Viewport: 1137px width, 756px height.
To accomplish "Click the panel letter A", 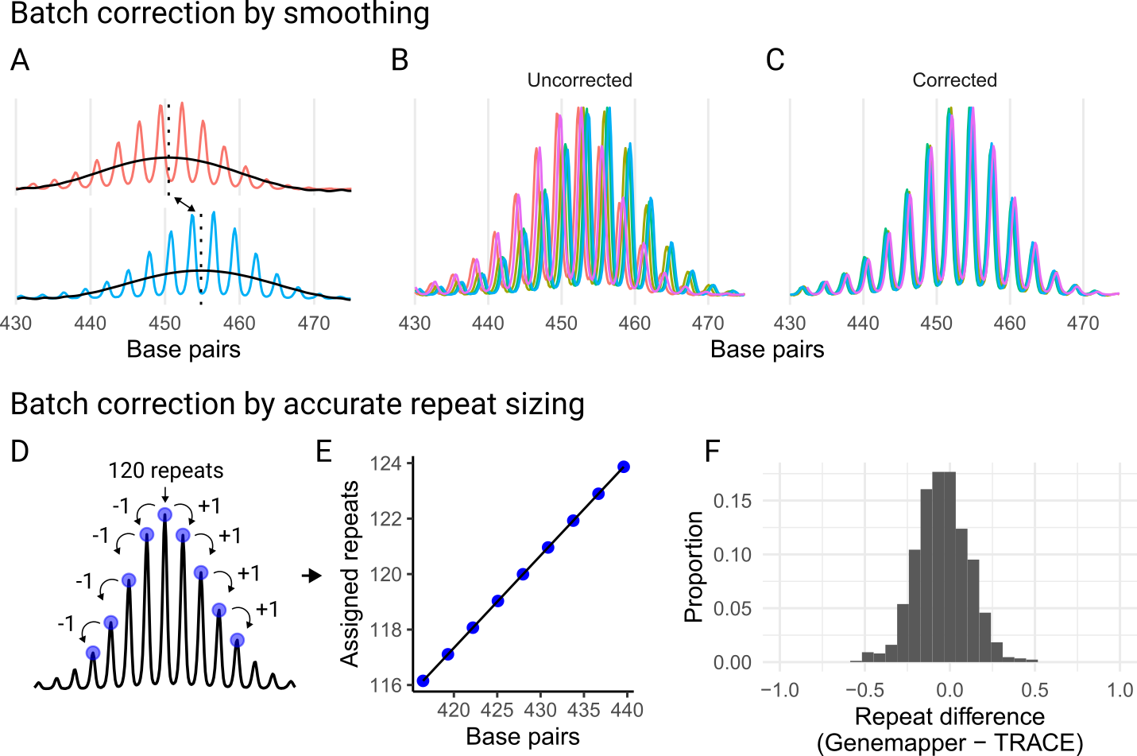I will pyautogui.click(x=20, y=61).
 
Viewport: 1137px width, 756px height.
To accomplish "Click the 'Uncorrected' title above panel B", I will pyautogui.click(x=579, y=80).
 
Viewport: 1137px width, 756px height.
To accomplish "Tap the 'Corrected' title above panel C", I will pyautogui.click(x=953, y=80).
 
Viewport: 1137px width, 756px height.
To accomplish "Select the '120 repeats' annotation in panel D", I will pyautogui.click(x=165, y=471).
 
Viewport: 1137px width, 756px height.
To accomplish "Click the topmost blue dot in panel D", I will pyautogui.click(x=164, y=515).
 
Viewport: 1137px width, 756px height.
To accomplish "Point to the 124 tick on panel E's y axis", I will pyautogui.click(x=391, y=463).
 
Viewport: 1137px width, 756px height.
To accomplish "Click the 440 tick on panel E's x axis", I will pyautogui.click(x=626, y=710).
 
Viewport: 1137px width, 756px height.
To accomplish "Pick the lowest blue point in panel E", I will pyautogui.click(x=423, y=680).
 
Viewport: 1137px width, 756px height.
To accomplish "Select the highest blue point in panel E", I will pyautogui.click(x=624, y=467).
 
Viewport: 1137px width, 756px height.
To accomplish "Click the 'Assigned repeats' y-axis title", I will pyautogui.click(x=350, y=574).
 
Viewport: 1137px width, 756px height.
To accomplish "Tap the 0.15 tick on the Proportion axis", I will pyautogui.click(x=732, y=501).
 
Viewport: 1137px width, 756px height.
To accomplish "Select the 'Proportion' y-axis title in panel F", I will pyautogui.click(x=694, y=566).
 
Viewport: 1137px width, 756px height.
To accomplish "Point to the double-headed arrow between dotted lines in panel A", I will pyautogui.click(x=184, y=204).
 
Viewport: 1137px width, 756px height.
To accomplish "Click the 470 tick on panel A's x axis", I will pyautogui.click(x=314, y=324).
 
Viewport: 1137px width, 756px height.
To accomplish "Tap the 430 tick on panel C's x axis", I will pyautogui.click(x=790, y=324).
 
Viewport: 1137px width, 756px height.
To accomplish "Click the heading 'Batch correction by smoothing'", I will pyautogui.click(x=219, y=14).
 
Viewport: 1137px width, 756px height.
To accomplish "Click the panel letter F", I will pyautogui.click(x=713, y=452).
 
